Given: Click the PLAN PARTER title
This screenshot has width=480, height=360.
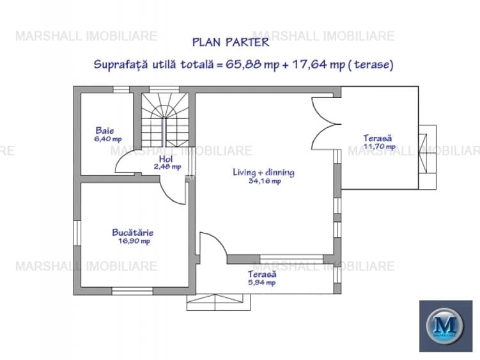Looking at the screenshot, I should [x=231, y=43].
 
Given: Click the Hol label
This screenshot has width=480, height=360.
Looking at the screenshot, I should [x=166, y=159].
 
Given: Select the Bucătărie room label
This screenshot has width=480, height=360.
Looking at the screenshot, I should [x=132, y=233].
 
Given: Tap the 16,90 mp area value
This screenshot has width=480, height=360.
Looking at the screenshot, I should [x=134, y=241].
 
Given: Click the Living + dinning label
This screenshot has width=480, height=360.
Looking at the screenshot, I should [x=263, y=173].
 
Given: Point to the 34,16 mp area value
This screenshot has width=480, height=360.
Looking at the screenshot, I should [x=264, y=181].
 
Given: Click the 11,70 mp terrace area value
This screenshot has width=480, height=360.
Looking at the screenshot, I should [x=379, y=146].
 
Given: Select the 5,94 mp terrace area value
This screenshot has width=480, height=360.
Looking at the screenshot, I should [x=262, y=282].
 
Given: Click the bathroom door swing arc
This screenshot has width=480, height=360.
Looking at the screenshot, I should [x=125, y=165].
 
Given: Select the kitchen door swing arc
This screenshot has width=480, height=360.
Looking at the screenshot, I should [x=171, y=190].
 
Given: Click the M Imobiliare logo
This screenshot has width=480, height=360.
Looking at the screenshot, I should [x=445, y=325].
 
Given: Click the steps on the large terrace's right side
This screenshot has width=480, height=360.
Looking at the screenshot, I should [x=426, y=152].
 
